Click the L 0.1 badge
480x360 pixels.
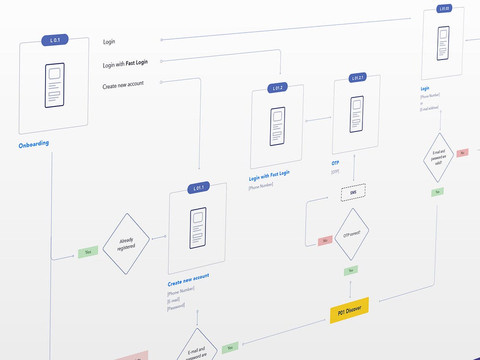(x=55, y=40)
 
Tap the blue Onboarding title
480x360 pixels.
(x=34, y=144)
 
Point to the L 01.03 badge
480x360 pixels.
(x=444, y=8)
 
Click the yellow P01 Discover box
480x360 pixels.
(x=349, y=311)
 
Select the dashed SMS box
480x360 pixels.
(x=353, y=192)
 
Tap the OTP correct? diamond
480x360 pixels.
(x=352, y=234)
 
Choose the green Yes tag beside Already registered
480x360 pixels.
(x=88, y=252)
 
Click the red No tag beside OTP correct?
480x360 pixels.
(x=325, y=240)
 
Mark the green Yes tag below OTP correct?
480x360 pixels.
(x=350, y=270)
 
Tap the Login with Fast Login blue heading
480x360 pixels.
(x=269, y=175)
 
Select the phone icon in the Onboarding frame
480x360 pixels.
(x=54, y=85)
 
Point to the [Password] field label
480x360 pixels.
(x=176, y=306)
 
